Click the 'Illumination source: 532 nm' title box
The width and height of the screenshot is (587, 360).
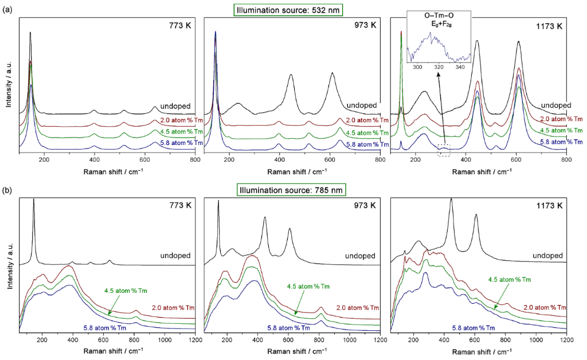point(292,9)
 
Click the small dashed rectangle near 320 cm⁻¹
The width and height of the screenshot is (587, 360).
point(444,152)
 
